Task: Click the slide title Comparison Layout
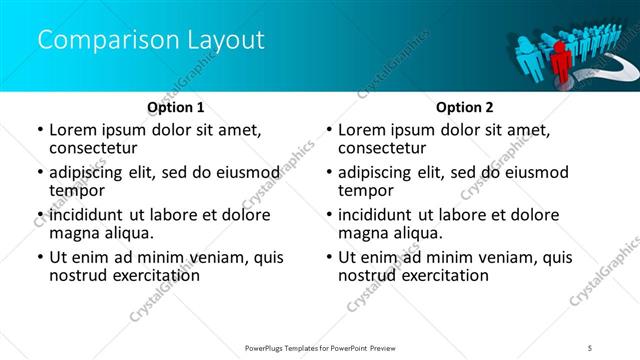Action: tap(151, 41)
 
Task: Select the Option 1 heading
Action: tap(176, 106)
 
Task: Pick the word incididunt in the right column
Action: tap(378, 215)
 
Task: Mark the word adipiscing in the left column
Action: tap(90, 172)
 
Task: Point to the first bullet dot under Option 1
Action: tap(39, 130)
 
